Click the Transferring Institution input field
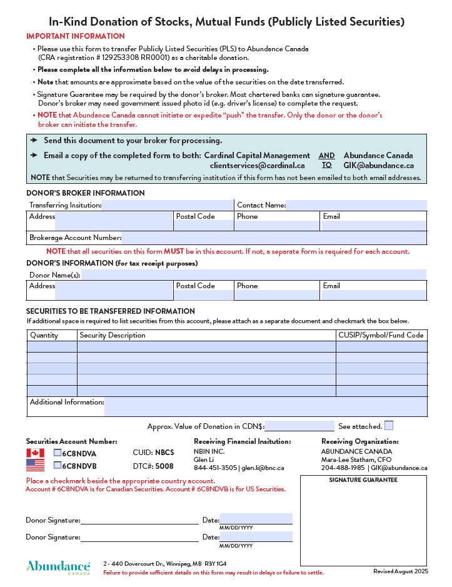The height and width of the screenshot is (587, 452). [x=167, y=205]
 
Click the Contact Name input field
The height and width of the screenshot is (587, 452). [x=356, y=205]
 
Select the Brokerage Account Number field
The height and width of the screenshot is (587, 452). [x=274, y=238]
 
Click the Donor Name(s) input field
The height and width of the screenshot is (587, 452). [x=253, y=275]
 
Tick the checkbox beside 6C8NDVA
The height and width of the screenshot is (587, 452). [x=58, y=453]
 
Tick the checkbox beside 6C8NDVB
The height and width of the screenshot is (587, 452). [x=58, y=465]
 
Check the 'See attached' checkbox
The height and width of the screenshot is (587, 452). [x=389, y=426]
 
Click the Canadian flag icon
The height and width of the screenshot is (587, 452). [x=35, y=453]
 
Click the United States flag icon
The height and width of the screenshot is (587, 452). [x=35, y=465]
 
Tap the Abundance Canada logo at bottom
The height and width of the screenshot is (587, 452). [x=58, y=567]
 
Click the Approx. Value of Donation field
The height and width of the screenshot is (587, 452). [x=299, y=426]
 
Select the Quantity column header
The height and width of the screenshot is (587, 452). [x=44, y=335]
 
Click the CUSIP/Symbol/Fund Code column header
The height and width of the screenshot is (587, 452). [x=381, y=335]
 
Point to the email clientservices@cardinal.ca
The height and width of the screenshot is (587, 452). [x=257, y=166]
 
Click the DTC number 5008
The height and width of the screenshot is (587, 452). [x=164, y=466]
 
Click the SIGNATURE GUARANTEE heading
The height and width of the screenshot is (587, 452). [x=363, y=480]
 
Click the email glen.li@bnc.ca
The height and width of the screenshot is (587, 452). [x=263, y=468]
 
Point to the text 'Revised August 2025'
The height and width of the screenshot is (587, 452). [x=400, y=571]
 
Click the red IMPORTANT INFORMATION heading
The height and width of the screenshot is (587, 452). [x=76, y=36]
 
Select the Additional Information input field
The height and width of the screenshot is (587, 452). [x=265, y=406]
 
